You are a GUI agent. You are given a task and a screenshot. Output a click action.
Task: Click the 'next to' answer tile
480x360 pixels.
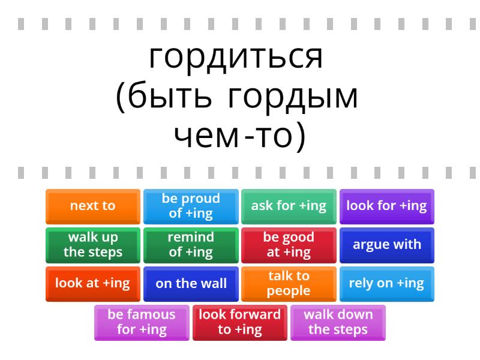click(x=92, y=206)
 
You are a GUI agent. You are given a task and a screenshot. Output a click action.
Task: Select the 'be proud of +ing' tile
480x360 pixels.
click(x=191, y=206)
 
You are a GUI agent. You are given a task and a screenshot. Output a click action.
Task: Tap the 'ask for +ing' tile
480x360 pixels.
click(x=289, y=206)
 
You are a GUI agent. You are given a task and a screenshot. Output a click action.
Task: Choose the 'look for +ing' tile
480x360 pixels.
click(x=386, y=206)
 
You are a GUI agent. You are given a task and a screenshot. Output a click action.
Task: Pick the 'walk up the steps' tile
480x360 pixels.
click(x=92, y=245)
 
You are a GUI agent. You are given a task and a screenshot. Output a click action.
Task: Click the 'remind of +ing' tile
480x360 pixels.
click(x=191, y=245)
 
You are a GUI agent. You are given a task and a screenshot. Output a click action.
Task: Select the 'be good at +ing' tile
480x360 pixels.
click(x=289, y=245)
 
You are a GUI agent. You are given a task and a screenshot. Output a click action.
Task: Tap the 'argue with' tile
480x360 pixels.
click(x=386, y=245)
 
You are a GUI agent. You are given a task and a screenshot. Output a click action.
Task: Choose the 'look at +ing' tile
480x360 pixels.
click(x=92, y=284)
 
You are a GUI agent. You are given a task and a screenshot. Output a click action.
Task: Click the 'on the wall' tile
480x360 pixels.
click(x=191, y=284)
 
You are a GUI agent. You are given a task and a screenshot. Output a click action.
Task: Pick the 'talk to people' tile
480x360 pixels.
click(x=289, y=284)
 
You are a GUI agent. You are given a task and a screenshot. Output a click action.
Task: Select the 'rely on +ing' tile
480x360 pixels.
click(x=386, y=284)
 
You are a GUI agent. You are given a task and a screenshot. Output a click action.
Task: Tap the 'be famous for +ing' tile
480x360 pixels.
click(x=142, y=322)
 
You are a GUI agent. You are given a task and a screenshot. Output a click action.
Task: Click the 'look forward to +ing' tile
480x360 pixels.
click(x=240, y=322)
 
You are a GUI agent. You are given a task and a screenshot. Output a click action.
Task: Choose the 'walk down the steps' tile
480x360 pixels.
click(x=338, y=322)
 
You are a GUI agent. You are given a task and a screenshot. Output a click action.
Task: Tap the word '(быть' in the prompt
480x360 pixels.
click(x=164, y=98)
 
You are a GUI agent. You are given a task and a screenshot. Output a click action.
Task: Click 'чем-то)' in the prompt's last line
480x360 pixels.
click(x=239, y=137)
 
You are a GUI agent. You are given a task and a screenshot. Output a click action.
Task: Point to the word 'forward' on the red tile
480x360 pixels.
click(x=255, y=315)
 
